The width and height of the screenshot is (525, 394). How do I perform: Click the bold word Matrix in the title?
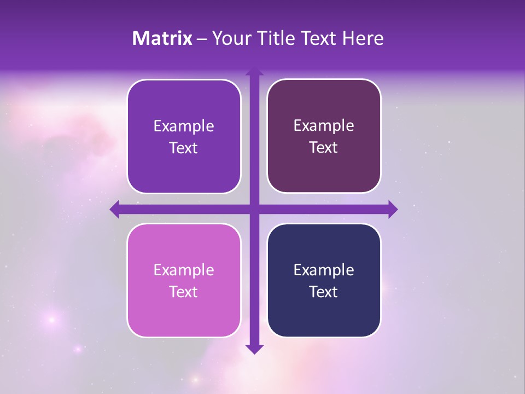162,38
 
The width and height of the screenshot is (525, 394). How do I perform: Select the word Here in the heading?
363,38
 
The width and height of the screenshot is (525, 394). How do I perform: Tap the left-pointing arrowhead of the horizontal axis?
115,209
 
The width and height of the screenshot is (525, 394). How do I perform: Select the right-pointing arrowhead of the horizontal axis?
392,209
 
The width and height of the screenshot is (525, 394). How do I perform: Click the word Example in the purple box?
184,126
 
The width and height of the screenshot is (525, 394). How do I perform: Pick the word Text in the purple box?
184,148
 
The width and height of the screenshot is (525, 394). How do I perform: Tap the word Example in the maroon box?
324,126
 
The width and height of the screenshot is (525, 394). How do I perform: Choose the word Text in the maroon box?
324,148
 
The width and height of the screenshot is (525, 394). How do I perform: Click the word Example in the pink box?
184,270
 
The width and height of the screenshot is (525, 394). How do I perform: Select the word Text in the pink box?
184,292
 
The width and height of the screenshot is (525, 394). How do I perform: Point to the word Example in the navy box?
324,270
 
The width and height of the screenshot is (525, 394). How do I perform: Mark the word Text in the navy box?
324,292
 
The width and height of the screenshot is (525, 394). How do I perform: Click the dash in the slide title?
202,39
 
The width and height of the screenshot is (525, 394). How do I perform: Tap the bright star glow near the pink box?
52,319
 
